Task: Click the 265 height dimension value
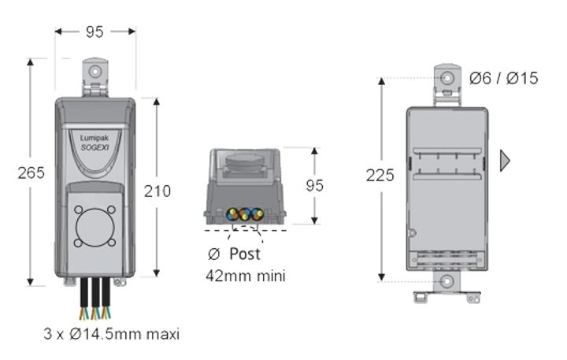[x=31, y=173]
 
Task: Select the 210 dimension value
[x=157, y=190]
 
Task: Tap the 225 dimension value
[x=380, y=176]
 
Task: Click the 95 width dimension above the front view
[x=94, y=32]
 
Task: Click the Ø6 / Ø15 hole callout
[x=504, y=78]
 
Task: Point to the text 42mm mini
[x=245, y=276]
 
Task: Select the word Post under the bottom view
[x=245, y=254]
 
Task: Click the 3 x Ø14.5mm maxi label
[x=112, y=334]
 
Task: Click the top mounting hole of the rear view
[x=447, y=79]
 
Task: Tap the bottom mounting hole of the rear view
[x=447, y=280]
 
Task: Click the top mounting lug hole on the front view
[x=95, y=72]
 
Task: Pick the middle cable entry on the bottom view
[x=243, y=213]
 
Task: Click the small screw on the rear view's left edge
[x=412, y=232]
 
